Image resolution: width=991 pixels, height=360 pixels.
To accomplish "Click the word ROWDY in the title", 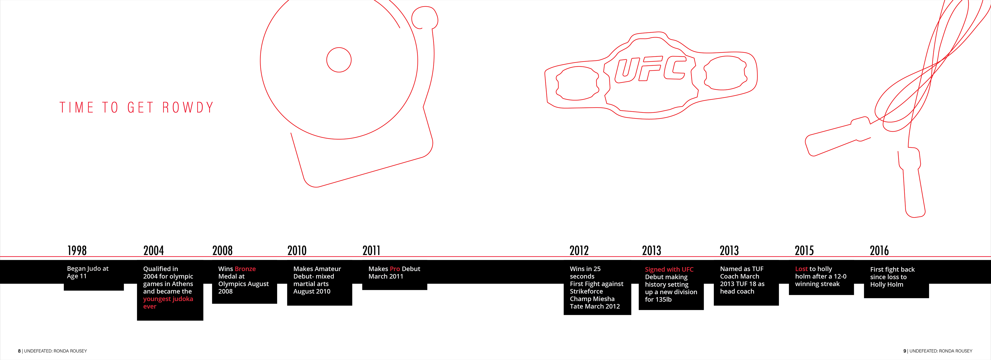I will coord(188,107).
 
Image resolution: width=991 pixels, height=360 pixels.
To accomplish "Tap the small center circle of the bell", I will coord(339,60).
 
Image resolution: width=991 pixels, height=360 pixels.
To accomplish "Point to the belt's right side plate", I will coord(725,73).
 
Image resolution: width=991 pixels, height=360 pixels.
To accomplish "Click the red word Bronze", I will coord(245,269).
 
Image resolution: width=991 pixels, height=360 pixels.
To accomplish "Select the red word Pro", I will coord(395,269).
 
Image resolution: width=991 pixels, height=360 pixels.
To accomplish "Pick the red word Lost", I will coord(801,269).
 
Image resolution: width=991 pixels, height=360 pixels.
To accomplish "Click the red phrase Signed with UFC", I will coord(669,269).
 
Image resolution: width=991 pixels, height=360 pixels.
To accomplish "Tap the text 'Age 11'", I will coord(77,276).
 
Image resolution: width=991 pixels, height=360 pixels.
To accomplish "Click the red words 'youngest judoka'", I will coord(168,299).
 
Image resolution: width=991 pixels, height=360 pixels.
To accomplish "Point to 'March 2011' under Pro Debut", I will coord(386,276).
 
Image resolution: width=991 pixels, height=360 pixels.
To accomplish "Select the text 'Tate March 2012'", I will coord(595,306).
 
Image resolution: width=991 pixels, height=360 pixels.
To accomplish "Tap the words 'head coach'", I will coord(737,291).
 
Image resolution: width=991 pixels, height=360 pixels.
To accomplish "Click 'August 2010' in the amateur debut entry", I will coord(311,291).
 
